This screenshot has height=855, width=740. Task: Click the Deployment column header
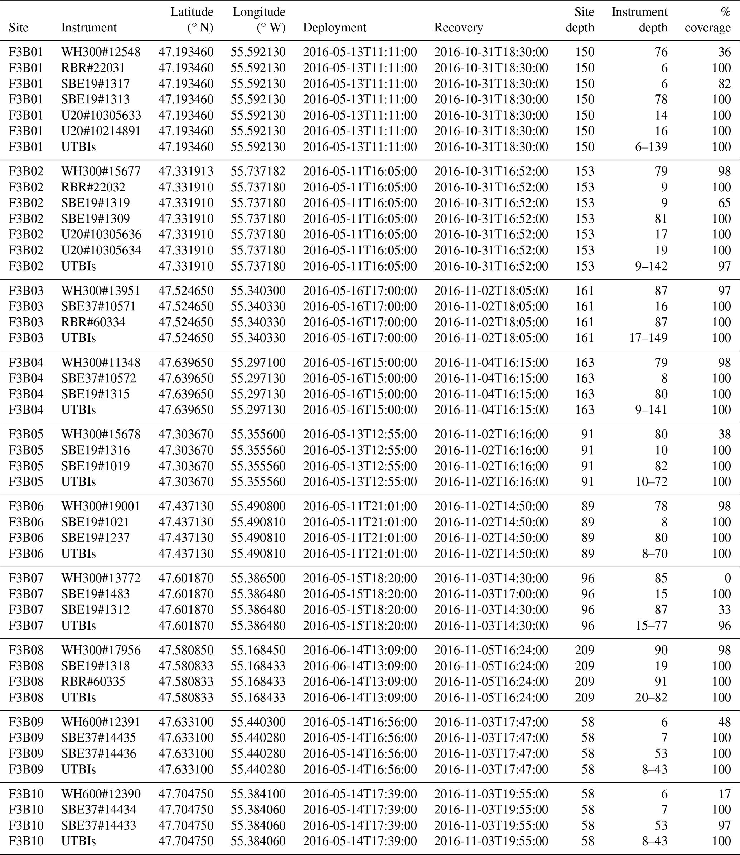[334, 28]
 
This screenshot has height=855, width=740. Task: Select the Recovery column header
[458, 28]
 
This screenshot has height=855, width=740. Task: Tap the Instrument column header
[89, 28]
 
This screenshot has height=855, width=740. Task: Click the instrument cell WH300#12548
[101, 52]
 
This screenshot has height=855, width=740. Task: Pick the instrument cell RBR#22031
[93, 68]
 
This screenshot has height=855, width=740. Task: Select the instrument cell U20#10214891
[101, 131]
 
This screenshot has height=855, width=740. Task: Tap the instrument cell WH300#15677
[101, 171]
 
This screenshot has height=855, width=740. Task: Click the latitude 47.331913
[186, 171]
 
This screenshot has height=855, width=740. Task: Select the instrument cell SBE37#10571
[98, 306]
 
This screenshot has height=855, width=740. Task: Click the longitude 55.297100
[258, 363]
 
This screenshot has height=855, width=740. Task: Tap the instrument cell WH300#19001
[101, 506]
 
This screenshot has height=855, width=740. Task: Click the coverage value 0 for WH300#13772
[727, 578]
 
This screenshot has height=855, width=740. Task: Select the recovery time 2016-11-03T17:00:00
[491, 594]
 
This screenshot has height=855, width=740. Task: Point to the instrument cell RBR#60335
[93, 681]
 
